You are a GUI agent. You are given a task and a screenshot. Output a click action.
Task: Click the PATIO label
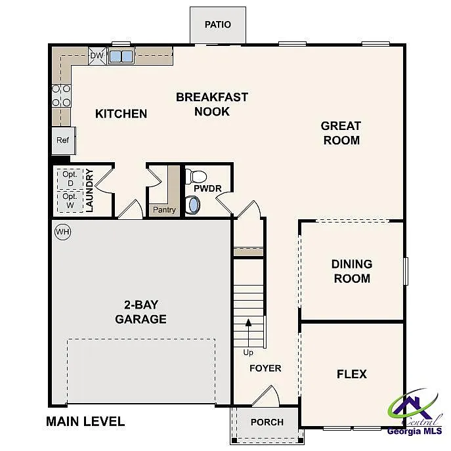point(217,25)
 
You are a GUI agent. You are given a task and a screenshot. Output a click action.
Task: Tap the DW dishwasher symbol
point(97,56)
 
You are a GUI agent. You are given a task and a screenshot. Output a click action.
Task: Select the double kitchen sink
point(121,56)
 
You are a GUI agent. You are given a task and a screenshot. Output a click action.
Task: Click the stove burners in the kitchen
point(61,95)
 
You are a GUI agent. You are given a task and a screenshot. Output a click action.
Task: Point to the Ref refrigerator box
point(63,140)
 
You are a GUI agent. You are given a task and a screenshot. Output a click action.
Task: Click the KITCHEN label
point(121,114)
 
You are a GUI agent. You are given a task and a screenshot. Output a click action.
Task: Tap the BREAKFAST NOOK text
point(212,104)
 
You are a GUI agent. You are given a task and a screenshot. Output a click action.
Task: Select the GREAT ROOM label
point(341,133)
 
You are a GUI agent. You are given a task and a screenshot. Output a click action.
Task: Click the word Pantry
point(163,210)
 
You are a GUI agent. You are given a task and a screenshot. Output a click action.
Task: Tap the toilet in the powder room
point(196,176)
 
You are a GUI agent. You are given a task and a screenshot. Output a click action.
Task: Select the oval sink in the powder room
point(193,205)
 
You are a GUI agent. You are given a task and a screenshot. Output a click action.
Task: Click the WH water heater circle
point(62,232)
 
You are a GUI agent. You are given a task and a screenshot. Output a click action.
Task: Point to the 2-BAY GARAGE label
point(140,312)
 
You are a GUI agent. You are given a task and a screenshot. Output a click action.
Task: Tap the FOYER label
point(265,368)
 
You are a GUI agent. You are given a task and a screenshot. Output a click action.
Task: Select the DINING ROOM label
point(351,271)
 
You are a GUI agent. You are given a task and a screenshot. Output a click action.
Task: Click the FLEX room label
point(351,374)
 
